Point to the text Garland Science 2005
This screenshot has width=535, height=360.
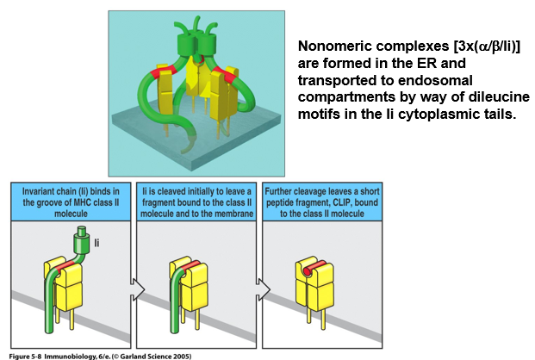(x=163, y=355)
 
